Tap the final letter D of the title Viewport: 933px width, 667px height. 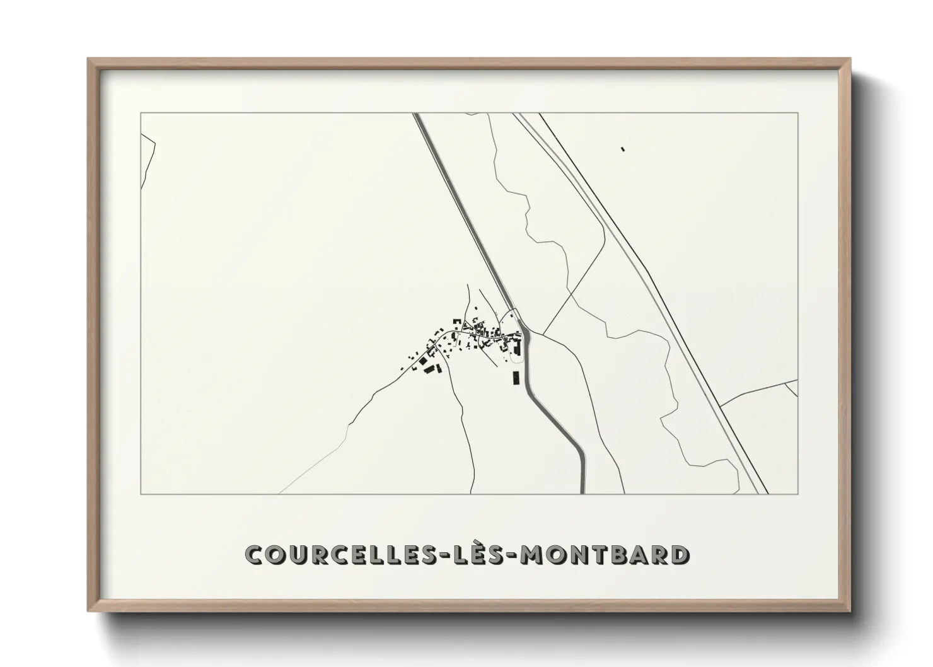coord(679,555)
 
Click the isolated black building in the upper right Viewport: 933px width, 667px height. coord(623,149)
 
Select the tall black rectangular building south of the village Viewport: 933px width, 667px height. coord(515,378)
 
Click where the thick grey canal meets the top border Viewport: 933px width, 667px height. coord(417,114)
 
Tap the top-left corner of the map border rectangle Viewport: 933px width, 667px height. coord(141,113)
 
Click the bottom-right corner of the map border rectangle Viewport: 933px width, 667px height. coord(798,494)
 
